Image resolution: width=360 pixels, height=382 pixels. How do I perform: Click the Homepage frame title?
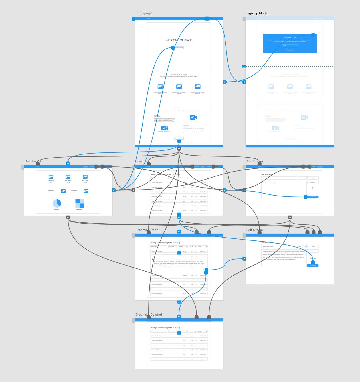click(143, 13)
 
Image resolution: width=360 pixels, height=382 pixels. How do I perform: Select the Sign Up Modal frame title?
click(257, 13)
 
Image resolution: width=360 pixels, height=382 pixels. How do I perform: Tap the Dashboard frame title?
click(33, 162)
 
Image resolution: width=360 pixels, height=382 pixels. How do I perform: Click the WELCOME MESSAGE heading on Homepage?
click(179, 40)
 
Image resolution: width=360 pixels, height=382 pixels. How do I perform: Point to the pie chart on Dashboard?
click(57, 203)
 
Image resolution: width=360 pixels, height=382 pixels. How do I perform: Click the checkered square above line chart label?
click(80, 203)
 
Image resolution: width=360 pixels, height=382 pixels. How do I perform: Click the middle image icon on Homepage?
click(179, 87)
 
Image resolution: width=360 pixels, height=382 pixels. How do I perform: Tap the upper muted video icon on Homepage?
click(193, 117)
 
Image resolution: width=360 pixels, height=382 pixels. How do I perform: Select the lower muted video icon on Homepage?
click(165, 128)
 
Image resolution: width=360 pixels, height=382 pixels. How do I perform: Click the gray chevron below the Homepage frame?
click(179, 149)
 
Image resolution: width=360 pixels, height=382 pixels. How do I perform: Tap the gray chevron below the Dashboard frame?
click(68, 217)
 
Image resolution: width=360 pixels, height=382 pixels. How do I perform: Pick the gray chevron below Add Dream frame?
click(290, 217)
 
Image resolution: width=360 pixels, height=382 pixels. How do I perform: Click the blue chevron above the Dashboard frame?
click(68, 163)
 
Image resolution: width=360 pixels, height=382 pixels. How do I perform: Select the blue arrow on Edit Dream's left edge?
click(244, 259)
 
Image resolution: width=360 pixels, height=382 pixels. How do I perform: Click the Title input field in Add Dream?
click(278, 178)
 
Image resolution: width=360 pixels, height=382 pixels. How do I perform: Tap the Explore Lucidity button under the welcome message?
click(179, 48)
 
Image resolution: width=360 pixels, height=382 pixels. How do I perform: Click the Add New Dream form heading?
click(267, 174)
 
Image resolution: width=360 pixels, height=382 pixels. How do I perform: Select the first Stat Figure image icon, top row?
click(51, 177)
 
